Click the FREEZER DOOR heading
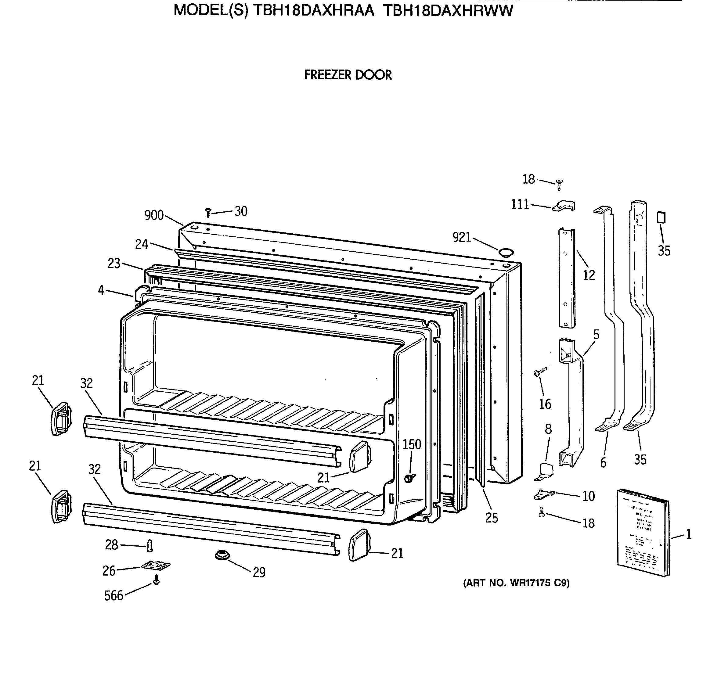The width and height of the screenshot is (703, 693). [348, 75]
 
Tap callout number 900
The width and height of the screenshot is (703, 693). [154, 215]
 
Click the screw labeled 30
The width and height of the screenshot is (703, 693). [208, 213]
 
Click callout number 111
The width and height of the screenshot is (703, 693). [520, 205]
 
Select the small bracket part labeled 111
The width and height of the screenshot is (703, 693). [564, 206]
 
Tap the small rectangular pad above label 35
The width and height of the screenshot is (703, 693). [662, 217]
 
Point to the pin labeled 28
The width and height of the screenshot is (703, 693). [150, 545]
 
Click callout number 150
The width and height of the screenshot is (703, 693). [412, 444]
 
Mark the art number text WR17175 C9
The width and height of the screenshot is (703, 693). [516, 583]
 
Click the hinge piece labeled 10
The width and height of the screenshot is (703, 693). [544, 495]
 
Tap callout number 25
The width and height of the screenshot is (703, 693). [492, 518]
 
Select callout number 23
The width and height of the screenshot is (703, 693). [114, 263]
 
